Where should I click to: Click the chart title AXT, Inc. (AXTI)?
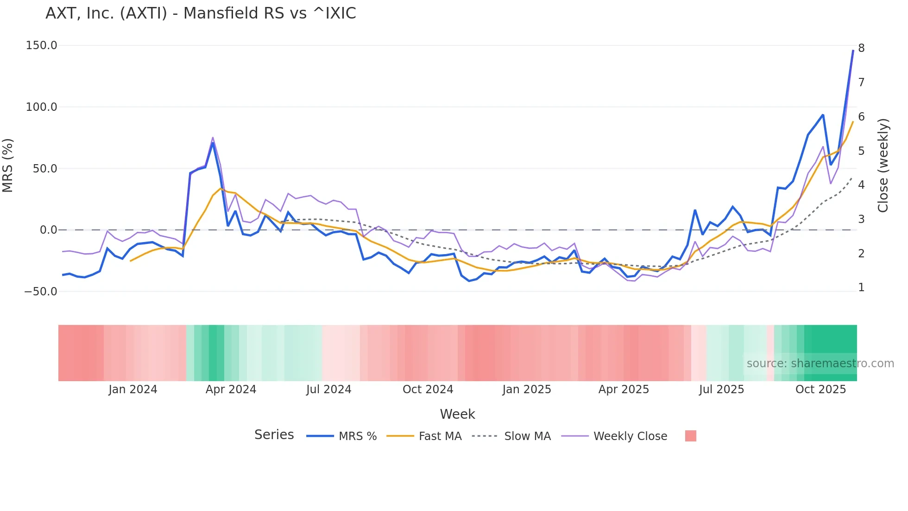[x=201, y=13]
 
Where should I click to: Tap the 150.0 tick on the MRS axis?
[x=41, y=45]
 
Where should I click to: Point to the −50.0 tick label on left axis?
[x=41, y=292]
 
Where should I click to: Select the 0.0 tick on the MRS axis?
[x=48, y=230]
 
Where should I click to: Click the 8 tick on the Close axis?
[x=861, y=48]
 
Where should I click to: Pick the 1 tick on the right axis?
[x=861, y=287]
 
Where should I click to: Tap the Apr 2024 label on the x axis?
[x=231, y=390]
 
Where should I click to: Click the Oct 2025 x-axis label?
[x=820, y=390]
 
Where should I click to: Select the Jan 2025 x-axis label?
[x=527, y=390]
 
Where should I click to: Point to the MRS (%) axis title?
[x=8, y=166]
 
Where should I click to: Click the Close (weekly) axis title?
[x=883, y=166]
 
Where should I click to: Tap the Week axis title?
[x=457, y=414]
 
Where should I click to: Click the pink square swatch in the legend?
[x=690, y=436]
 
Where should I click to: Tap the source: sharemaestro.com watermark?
[x=820, y=364]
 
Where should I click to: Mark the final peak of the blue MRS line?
[x=853, y=51]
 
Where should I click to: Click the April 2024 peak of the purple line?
[x=213, y=138]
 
